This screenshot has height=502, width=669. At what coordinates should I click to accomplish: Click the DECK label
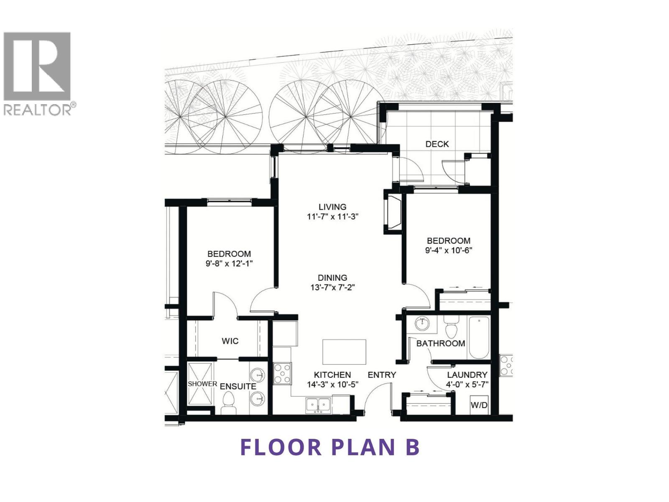click(437, 144)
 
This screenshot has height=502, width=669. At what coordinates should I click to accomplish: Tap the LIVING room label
click(332, 207)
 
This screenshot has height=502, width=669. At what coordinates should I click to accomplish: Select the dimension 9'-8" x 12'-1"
click(229, 264)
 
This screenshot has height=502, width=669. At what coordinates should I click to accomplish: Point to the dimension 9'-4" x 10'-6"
click(449, 251)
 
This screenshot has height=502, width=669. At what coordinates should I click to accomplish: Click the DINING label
click(332, 278)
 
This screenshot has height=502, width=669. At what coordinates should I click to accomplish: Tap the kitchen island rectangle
click(344, 352)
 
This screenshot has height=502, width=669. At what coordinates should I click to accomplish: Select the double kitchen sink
click(318, 405)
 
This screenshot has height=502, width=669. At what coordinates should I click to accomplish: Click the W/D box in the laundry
click(479, 405)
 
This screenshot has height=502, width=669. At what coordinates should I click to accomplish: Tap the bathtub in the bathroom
click(479, 338)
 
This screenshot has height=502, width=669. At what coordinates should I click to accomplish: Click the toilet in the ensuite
click(228, 405)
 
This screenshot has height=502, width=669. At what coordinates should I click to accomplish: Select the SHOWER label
click(202, 384)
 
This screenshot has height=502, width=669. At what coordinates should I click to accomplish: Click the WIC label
click(230, 341)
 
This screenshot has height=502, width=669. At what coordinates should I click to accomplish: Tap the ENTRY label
click(382, 375)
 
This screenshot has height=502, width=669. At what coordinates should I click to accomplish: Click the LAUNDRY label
click(467, 375)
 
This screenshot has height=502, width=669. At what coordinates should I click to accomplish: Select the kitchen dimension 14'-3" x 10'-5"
click(333, 384)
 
